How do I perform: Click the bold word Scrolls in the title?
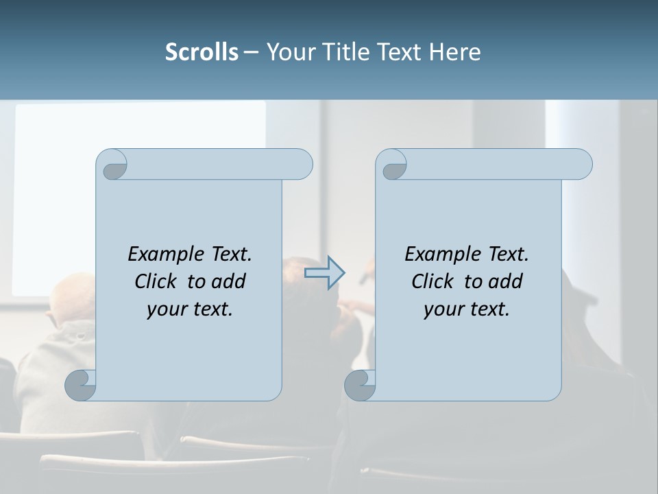(202, 52)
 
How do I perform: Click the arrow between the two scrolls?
(324, 273)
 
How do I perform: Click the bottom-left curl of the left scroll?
(81, 385)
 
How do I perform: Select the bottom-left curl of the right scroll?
(360, 385)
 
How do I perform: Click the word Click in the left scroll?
(157, 281)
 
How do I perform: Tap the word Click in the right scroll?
(433, 281)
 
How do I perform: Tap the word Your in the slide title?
(288, 52)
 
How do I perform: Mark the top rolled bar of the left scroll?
(219, 164)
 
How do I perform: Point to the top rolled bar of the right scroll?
(499, 164)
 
